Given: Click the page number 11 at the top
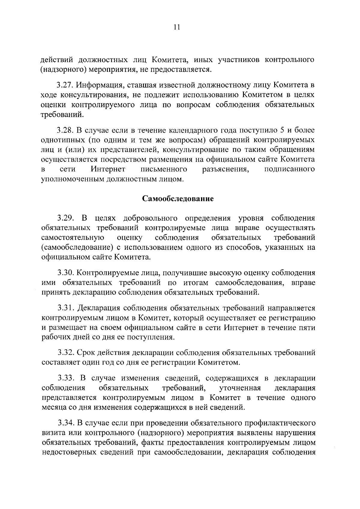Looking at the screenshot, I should coord(176,27).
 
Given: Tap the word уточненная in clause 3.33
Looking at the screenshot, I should coord(240,388).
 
